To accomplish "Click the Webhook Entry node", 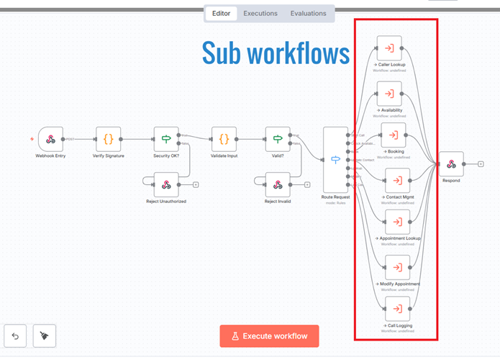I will click(x=50, y=139).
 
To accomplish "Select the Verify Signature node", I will click(x=109, y=139).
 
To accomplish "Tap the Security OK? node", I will click(x=166, y=139).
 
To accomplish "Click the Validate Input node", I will click(x=224, y=139).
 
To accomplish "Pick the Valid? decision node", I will click(x=278, y=139).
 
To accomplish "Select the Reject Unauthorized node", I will click(x=166, y=184).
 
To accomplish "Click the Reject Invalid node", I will click(x=278, y=184).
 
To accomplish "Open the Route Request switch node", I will click(x=335, y=159).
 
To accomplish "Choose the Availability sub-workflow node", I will click(x=389, y=94).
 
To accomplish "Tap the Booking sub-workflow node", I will click(x=393, y=135).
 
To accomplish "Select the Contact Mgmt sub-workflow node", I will click(x=396, y=180).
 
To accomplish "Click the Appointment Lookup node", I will click(x=396, y=222).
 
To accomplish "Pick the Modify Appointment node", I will click(x=396, y=267).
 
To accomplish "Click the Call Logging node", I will click(x=396, y=309).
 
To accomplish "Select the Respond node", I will click(x=451, y=164).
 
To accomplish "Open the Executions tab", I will click(x=260, y=14).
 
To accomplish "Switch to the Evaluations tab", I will click(x=308, y=14).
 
